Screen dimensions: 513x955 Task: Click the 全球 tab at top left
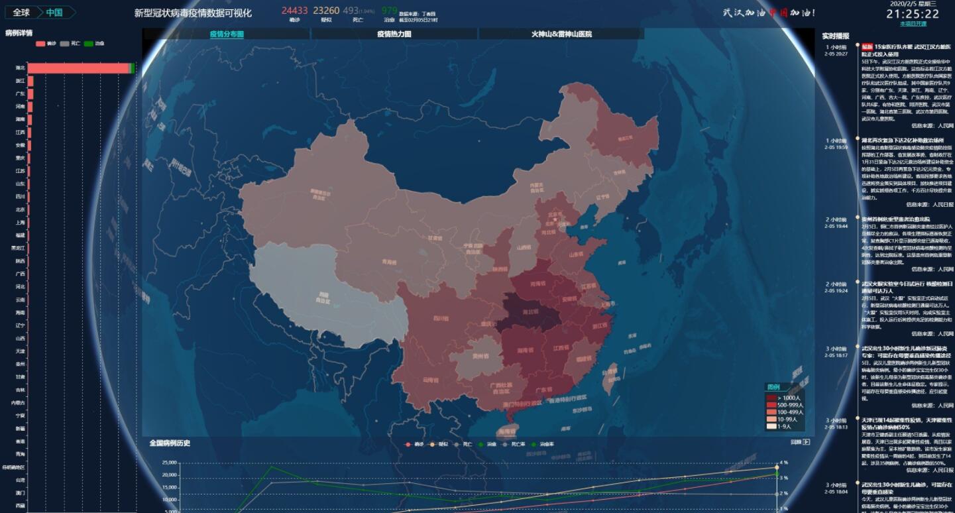pos(21,13)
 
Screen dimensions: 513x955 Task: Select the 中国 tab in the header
pos(55,13)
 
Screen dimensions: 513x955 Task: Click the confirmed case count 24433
pos(294,10)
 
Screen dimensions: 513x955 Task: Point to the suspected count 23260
pos(326,10)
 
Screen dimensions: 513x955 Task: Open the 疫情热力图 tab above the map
pos(394,34)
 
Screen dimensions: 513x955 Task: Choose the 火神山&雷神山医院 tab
pos(561,34)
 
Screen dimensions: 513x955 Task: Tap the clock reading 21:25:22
pos(913,14)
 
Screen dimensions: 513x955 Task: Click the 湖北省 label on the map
pos(532,311)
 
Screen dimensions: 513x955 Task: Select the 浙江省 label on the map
pos(598,325)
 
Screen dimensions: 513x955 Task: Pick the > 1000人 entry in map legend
pos(785,398)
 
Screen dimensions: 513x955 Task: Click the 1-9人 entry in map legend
pos(785,426)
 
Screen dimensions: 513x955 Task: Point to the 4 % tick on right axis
pos(783,463)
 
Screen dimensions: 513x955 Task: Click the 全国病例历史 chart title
pos(170,443)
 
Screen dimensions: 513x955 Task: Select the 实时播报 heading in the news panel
pos(835,36)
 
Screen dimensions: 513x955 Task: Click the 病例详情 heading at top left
pos(19,32)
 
